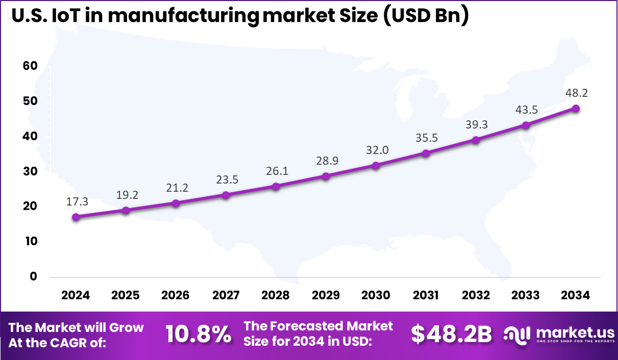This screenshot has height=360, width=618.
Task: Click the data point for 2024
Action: click(76, 217)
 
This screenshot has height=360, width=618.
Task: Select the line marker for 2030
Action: click(376, 165)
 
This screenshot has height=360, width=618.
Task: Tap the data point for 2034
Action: click(576, 108)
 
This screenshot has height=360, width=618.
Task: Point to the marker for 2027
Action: click(226, 195)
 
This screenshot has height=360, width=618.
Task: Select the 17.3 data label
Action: click(77, 202)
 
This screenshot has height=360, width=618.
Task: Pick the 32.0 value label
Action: click(377, 150)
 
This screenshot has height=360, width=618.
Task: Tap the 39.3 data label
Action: click(477, 125)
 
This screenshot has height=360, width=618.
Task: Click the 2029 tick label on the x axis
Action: click(326, 295)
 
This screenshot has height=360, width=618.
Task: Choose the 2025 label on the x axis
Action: click(126, 295)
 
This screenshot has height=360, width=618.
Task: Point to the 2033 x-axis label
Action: click(526, 295)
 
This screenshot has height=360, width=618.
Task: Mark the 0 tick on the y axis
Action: click(34, 276)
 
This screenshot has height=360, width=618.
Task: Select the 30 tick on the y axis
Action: click(31, 171)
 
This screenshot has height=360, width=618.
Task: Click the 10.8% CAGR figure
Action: click(198, 335)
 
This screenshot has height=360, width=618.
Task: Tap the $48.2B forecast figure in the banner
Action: click(451, 335)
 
